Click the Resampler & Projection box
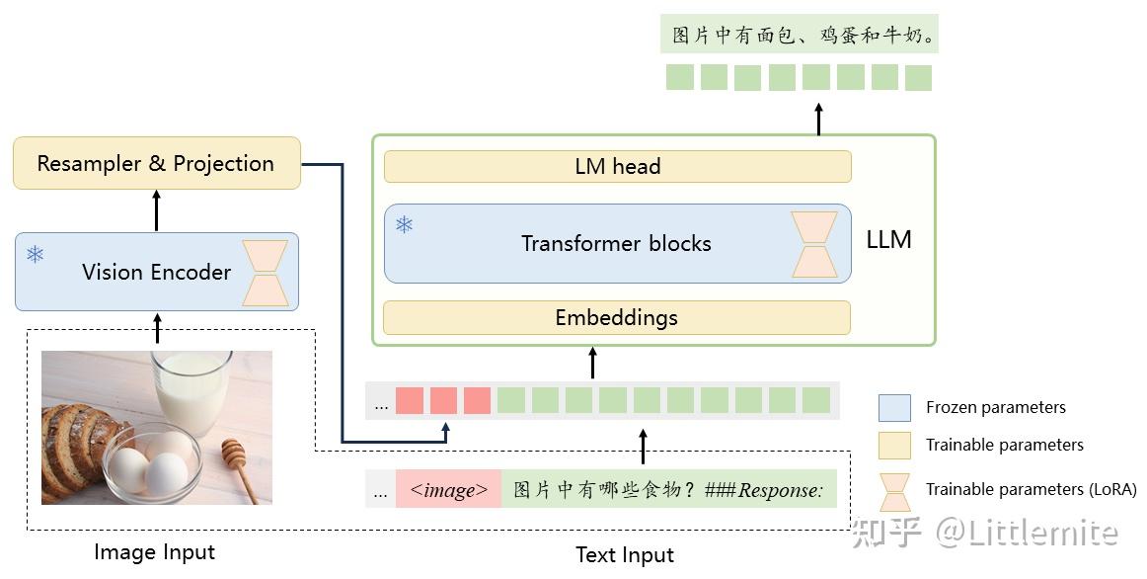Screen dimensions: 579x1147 click(x=156, y=163)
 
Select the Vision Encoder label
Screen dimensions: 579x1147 click(x=156, y=272)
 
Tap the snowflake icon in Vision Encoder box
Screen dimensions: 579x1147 click(x=36, y=255)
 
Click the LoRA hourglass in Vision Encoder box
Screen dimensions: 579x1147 click(x=267, y=274)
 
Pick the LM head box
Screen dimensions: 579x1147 click(x=617, y=167)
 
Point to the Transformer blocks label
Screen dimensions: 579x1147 click(x=616, y=243)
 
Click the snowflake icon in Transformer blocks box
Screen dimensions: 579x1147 click(x=404, y=224)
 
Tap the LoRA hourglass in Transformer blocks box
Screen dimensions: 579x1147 click(x=814, y=244)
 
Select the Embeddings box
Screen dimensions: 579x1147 click(x=616, y=317)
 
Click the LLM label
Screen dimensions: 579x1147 click(x=888, y=239)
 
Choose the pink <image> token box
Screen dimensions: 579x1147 click(x=448, y=490)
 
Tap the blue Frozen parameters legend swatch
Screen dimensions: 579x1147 click(x=894, y=407)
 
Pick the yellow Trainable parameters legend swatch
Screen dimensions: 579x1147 click(x=894, y=445)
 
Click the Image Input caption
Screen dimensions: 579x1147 click(x=154, y=552)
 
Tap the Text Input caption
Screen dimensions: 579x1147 click(x=625, y=555)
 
